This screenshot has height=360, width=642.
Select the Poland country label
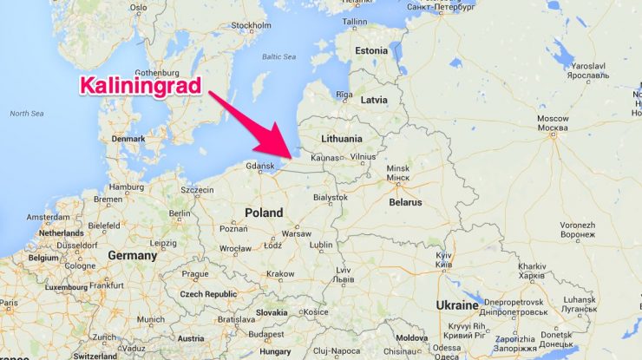pyautogui.click(x=264, y=213)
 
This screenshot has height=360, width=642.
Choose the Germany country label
pyautogui.click(x=133, y=256)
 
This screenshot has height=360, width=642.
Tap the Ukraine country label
pyautogui.click(x=456, y=305)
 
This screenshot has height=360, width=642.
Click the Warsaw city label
pyautogui.click(x=297, y=233)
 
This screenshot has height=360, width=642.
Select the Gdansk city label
pyautogui.click(x=260, y=166)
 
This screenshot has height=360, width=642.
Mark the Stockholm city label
pyautogui.click(x=252, y=25)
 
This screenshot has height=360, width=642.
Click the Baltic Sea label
pyautogui.click(x=279, y=58)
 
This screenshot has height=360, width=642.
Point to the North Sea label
pyautogui.click(x=26, y=114)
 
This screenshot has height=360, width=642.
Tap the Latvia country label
pyautogui.click(x=374, y=100)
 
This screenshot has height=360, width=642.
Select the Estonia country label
pyautogui.click(x=371, y=50)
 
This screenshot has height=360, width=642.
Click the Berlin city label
pyautogui.click(x=180, y=213)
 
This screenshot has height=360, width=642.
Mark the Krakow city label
pyautogui.click(x=280, y=274)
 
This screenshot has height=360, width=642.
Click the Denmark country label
pyautogui.click(x=128, y=138)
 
